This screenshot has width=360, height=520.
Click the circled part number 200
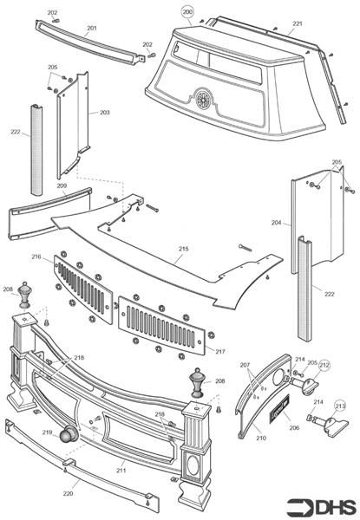[x=188, y=12]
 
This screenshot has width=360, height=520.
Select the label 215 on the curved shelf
[x=183, y=249]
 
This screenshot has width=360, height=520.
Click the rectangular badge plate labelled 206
[x=283, y=409]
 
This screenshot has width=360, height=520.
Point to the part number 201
[x=92, y=29]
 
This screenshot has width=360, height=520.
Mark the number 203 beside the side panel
[x=105, y=113]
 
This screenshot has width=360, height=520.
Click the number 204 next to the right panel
[x=277, y=223]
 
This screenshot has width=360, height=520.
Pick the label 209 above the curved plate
[x=62, y=186]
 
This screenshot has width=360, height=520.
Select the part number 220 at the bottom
[x=68, y=493]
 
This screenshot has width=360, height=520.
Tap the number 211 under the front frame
[x=121, y=470]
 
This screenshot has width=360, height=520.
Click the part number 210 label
[x=260, y=439]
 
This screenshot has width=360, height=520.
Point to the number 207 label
[x=245, y=365]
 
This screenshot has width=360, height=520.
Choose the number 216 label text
[x=36, y=257]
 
